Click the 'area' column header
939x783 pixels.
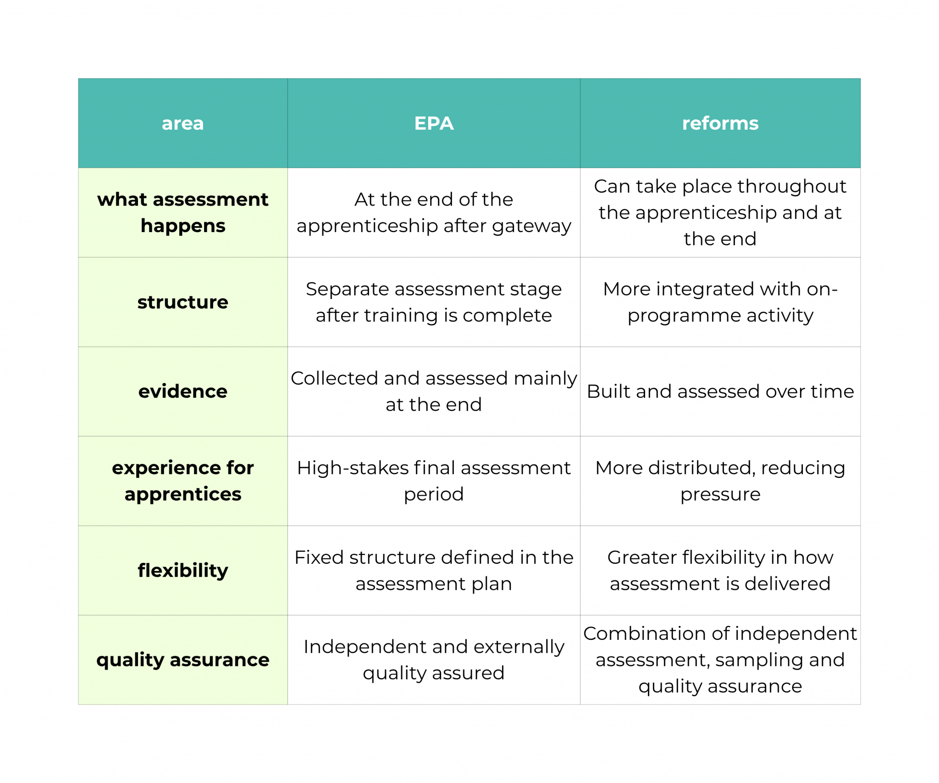click(x=182, y=123)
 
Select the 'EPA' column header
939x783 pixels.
click(x=434, y=123)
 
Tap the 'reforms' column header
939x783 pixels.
click(x=720, y=123)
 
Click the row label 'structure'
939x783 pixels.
click(x=182, y=302)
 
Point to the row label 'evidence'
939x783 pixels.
click(x=182, y=391)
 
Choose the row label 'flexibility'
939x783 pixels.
click(x=182, y=570)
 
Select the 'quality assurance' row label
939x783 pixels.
click(x=182, y=660)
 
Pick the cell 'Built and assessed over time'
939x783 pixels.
click(x=720, y=391)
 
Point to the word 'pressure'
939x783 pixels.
click(x=720, y=494)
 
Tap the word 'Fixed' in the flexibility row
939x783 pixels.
click(x=319, y=557)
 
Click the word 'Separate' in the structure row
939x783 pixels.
click(x=347, y=289)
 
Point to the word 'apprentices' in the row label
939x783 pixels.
click(x=182, y=494)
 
